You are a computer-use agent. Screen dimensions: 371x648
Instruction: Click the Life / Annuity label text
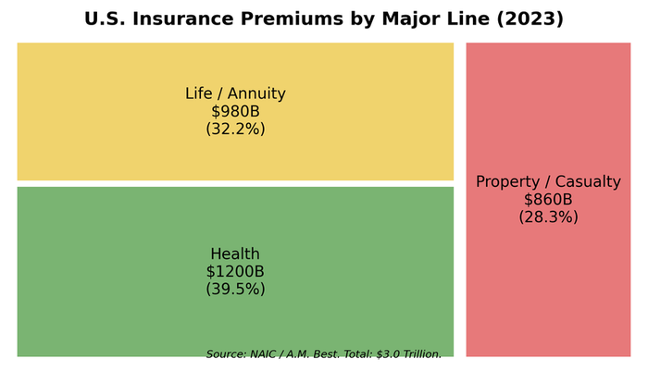point(235,93)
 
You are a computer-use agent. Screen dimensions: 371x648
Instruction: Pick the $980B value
point(235,111)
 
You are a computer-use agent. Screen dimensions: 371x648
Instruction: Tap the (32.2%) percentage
point(235,129)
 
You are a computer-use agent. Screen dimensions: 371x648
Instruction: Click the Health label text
point(235,254)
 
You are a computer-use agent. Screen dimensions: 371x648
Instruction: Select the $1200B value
point(235,271)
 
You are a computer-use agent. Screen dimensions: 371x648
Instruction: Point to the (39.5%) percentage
point(235,289)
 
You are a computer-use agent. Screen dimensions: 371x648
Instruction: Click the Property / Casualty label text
point(548,181)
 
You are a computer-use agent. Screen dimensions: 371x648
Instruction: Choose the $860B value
point(548,199)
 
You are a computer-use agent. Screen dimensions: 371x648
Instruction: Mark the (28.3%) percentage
point(548,216)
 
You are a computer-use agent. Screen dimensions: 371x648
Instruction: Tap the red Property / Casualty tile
point(548,296)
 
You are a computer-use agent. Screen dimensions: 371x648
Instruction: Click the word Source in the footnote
point(225,353)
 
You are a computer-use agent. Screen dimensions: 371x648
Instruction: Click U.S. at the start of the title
point(105,19)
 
